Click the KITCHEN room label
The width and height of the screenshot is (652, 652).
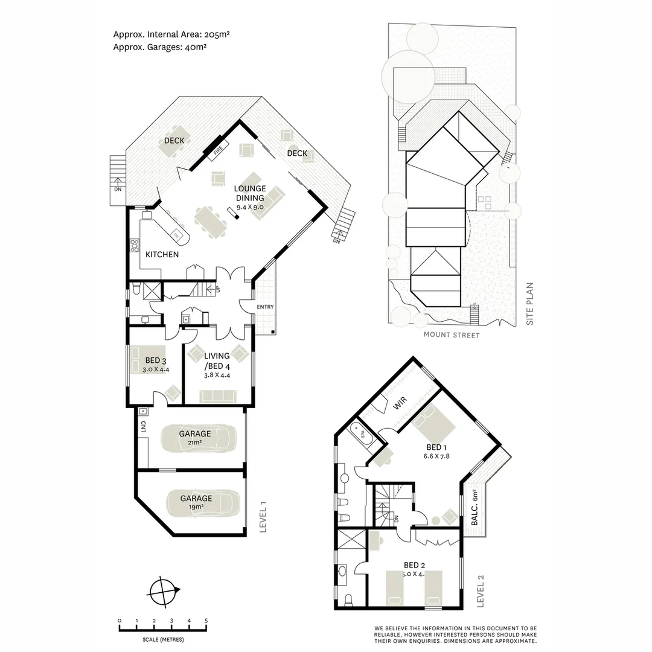point(162,254)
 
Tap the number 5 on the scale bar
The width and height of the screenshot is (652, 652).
point(206,621)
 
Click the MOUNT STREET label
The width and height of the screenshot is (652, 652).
point(451,335)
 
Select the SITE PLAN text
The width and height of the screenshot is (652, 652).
point(530,304)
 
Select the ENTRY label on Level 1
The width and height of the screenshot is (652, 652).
point(265,307)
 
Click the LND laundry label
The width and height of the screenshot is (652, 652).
point(143,427)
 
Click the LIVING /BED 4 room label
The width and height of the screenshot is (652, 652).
point(217,360)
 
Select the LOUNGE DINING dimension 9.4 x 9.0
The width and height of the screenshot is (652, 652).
point(250,207)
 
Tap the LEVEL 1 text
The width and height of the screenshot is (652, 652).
point(262,517)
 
